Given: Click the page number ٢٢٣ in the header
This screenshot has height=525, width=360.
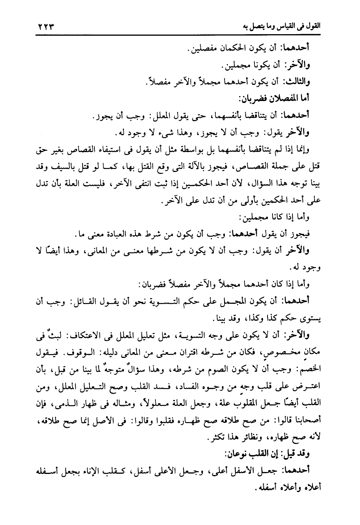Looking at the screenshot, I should click(45, 28).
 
